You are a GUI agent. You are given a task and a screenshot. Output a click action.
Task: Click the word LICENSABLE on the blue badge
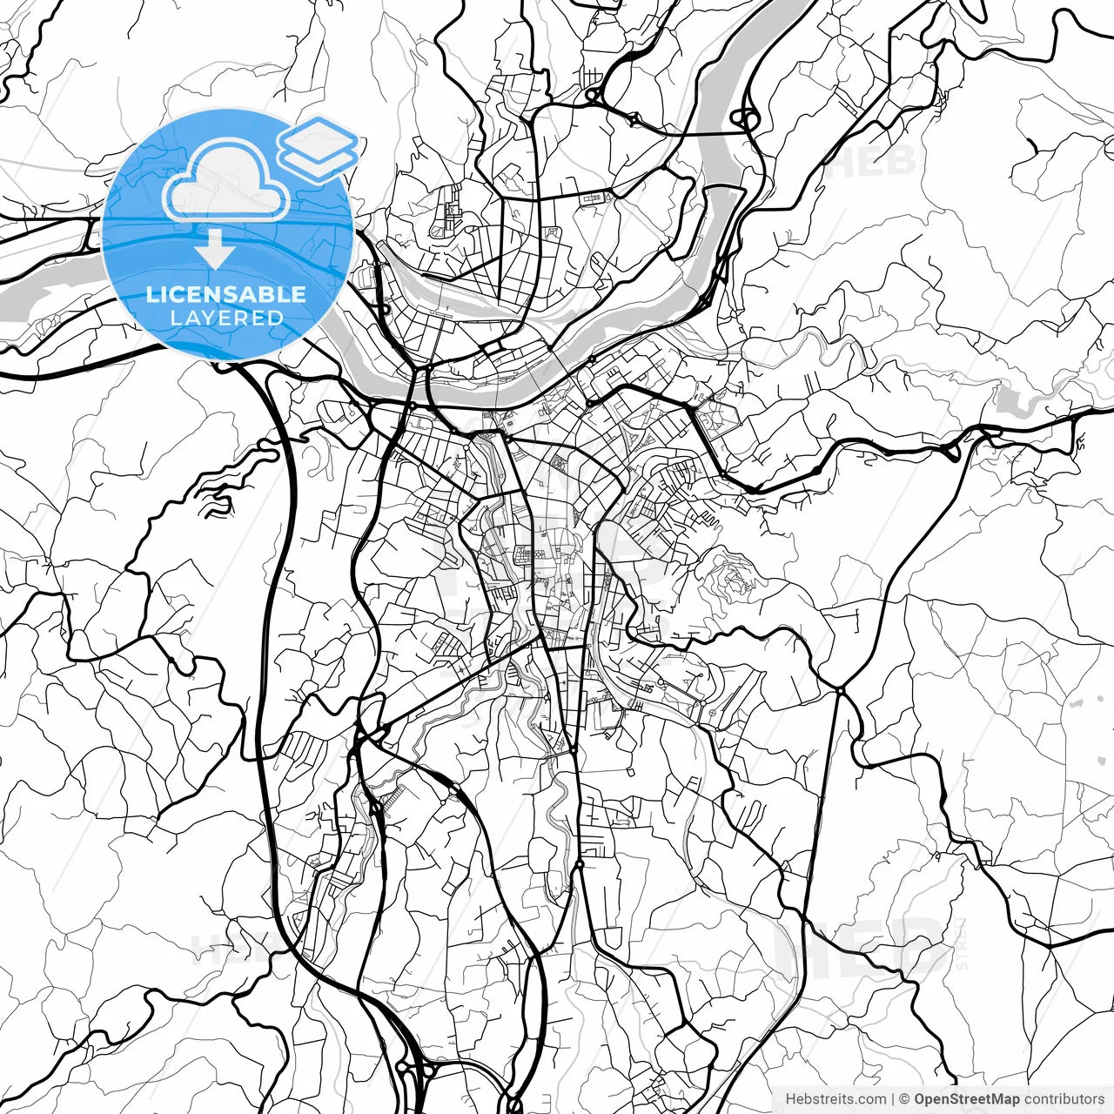click(226, 294)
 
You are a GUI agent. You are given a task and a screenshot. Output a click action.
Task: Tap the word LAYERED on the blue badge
click(226, 318)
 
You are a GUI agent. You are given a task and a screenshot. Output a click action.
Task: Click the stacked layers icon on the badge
click(318, 148)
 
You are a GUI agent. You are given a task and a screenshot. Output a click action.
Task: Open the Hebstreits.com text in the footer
click(835, 1099)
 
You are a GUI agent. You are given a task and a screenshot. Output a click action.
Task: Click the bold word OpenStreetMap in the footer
click(966, 1099)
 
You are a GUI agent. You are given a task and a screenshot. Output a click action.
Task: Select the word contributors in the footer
click(1064, 1099)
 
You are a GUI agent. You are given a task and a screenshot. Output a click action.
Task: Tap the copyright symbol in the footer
click(904, 1099)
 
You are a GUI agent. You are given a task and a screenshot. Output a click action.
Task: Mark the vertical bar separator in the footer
click(893, 1099)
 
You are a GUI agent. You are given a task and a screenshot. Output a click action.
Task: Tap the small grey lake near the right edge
click(1010, 399)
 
